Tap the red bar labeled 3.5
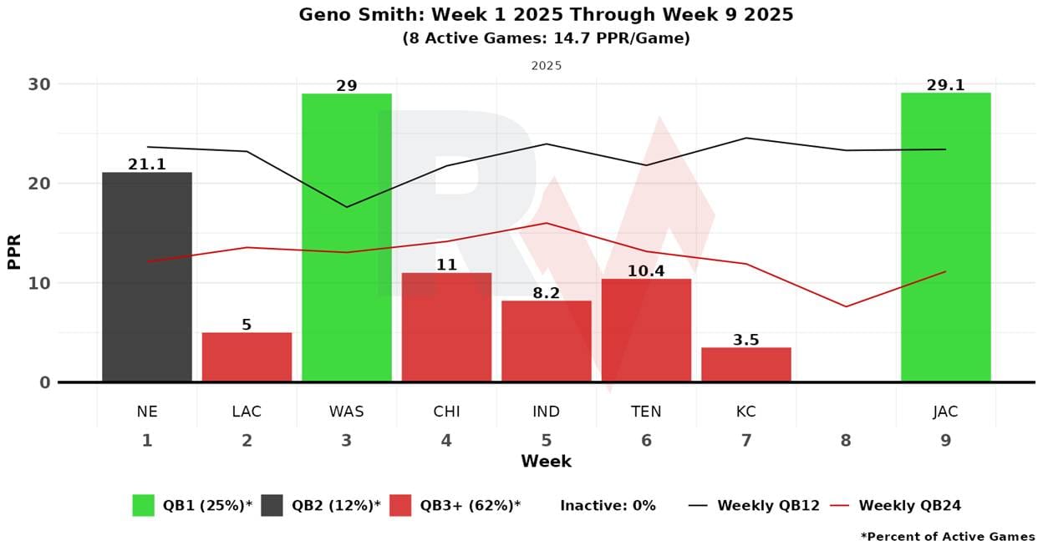(x=745, y=365)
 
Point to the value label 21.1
(x=147, y=165)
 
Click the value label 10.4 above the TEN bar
(x=646, y=271)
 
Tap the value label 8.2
(x=546, y=293)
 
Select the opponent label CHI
(x=446, y=412)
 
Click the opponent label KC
(x=745, y=412)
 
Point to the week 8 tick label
(x=846, y=440)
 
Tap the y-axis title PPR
(x=14, y=250)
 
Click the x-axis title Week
(x=546, y=462)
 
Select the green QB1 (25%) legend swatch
(x=143, y=505)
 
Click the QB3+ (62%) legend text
(x=470, y=505)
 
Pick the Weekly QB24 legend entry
(x=909, y=505)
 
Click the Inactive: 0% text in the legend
(x=608, y=505)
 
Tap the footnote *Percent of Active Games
(x=947, y=537)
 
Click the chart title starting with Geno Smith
(x=546, y=15)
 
